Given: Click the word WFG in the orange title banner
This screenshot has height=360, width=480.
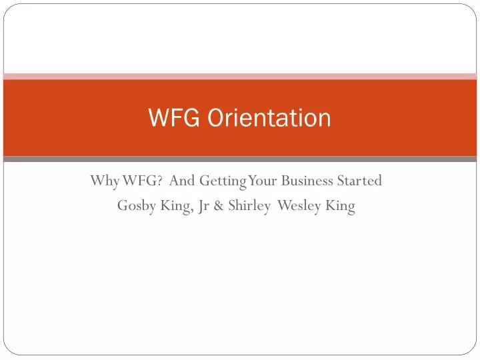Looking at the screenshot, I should point(175,118).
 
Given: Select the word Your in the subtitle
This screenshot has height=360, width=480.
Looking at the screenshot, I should point(261,181).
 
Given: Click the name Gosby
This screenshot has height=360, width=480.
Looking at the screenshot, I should point(136,206).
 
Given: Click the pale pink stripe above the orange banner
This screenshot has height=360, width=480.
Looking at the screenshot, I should point(240,76).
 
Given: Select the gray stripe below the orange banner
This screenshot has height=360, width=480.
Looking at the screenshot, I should point(240,159).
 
